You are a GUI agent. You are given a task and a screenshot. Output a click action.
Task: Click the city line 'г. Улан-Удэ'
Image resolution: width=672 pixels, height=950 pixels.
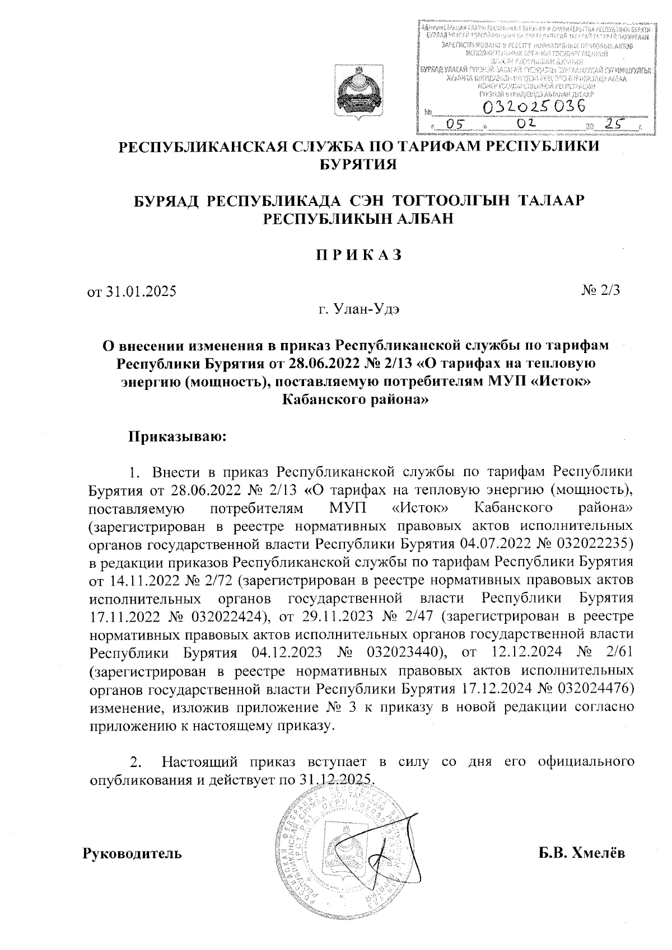pyautogui.click(x=358, y=308)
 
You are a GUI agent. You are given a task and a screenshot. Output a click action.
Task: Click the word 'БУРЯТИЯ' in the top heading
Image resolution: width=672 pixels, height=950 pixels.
pyautogui.click(x=358, y=164)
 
